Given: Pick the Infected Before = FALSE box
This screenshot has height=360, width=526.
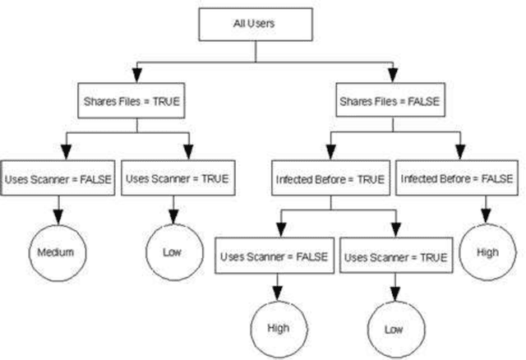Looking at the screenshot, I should [x=457, y=178].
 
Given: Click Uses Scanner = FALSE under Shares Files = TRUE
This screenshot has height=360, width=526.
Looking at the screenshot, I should [x=56, y=178].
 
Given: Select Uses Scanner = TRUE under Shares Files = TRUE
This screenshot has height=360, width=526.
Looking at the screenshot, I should [x=177, y=178].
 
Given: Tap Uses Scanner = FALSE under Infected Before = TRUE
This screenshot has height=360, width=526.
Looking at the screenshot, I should [x=274, y=256].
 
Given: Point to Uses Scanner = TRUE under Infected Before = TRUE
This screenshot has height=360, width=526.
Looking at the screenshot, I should [x=395, y=256].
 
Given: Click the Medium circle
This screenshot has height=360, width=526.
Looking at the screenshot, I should [x=56, y=252].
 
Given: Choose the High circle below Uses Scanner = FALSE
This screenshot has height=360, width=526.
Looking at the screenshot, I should [x=277, y=327].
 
